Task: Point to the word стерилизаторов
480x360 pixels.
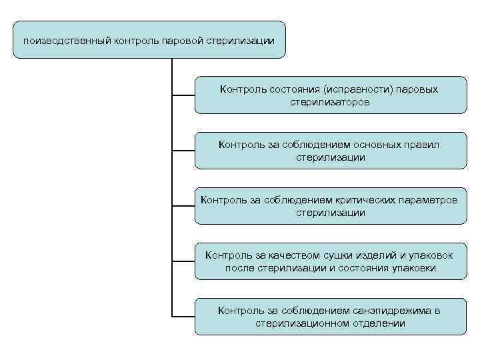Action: tap(331, 103)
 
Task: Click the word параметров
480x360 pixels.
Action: tap(430, 199)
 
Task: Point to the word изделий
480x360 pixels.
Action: tap(361, 255)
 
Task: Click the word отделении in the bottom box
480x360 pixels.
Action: tap(373, 324)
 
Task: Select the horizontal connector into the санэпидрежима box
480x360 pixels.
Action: tap(183, 315)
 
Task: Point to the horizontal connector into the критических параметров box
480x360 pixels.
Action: tap(183, 205)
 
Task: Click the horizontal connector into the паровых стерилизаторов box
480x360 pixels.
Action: tap(183, 94)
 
